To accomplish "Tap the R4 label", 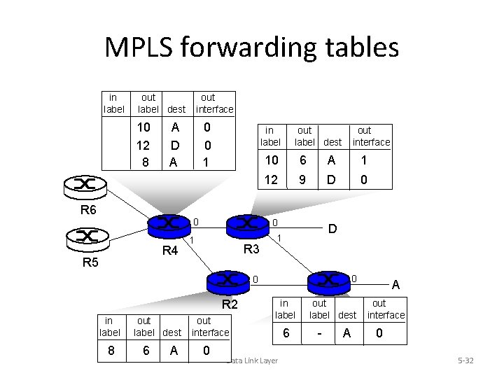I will coord(170,251).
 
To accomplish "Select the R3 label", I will coord(251,249).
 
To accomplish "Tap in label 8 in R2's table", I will coord(112,349).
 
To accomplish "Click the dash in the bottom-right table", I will coord(318,335).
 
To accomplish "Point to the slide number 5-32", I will coord(465,360).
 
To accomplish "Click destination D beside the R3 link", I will coord(334,229).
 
